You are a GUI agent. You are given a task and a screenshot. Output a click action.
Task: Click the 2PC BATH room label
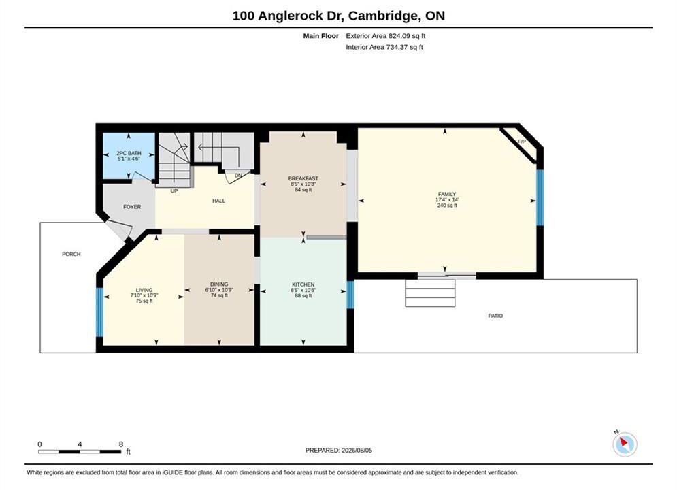point(129,153)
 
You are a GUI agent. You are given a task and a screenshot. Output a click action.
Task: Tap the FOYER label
point(132,207)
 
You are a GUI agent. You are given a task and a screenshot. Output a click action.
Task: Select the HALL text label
point(218,201)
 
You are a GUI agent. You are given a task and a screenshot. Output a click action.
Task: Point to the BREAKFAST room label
point(303,178)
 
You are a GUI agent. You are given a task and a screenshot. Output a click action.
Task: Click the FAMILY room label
point(447,194)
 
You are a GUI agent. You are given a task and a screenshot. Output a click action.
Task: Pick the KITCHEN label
point(303,284)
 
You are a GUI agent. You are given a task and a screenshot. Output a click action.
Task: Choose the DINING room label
point(219,284)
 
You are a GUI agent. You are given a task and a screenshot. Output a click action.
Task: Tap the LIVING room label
point(144,290)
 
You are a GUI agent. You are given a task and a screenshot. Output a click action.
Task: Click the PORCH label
point(71,255)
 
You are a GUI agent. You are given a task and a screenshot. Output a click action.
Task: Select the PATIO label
point(495,316)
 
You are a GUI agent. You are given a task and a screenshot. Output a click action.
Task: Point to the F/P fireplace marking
point(522,142)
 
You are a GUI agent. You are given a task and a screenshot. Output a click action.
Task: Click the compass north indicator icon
point(625,444)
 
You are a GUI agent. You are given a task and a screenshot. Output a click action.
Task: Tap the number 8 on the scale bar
point(121,444)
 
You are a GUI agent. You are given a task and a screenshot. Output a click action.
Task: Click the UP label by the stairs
point(174,191)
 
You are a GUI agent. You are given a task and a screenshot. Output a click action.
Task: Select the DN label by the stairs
point(238,176)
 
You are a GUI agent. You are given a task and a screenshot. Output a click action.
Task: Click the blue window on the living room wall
point(99,312)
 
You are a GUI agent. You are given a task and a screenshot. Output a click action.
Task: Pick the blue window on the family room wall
point(540,197)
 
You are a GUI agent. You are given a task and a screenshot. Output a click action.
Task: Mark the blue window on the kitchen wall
point(350,295)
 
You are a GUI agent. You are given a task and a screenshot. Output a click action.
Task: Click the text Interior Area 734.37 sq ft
point(384,47)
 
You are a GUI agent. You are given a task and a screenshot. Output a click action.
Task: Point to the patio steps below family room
point(430,293)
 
